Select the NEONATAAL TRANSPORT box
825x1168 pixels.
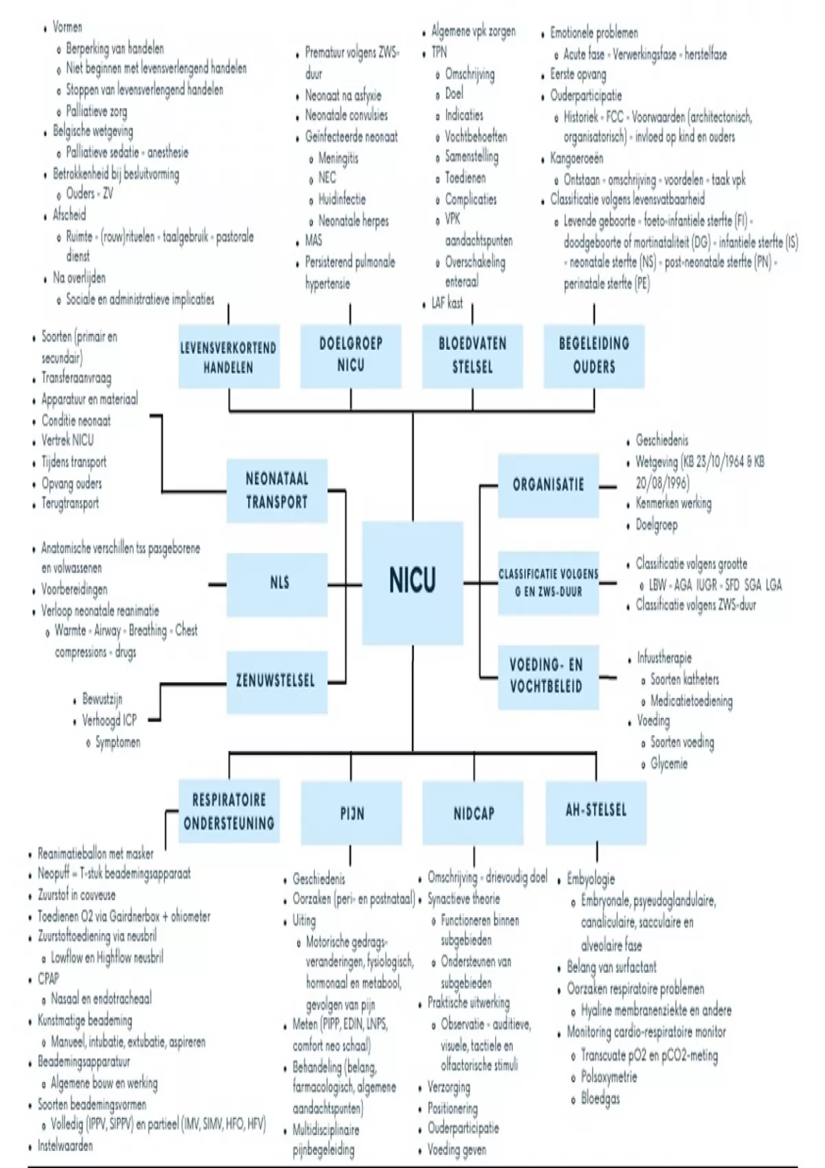pos(277,491)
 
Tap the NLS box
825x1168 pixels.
pos(279,584)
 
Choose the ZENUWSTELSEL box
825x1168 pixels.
pos(276,682)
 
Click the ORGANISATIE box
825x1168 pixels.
pos(548,485)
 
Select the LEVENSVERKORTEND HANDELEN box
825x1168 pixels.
pos(228,357)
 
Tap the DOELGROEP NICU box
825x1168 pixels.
pos(351,355)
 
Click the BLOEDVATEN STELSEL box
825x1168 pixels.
pos(472,355)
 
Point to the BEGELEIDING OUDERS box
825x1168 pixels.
pos(594,355)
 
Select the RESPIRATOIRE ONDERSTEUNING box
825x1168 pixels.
pos(229,811)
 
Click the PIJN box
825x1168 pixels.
pos(352,814)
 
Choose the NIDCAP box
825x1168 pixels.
pos(474,814)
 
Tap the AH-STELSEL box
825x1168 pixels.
pos(596,811)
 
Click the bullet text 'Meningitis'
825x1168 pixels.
pos(338,158)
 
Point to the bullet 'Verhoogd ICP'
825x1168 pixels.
pos(109,720)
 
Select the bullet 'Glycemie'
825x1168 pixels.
pos(668,763)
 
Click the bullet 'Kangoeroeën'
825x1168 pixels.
pos(576,158)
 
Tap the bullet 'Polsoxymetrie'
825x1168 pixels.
pos(608,1077)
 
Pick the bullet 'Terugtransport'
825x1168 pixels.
pos(69,504)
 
